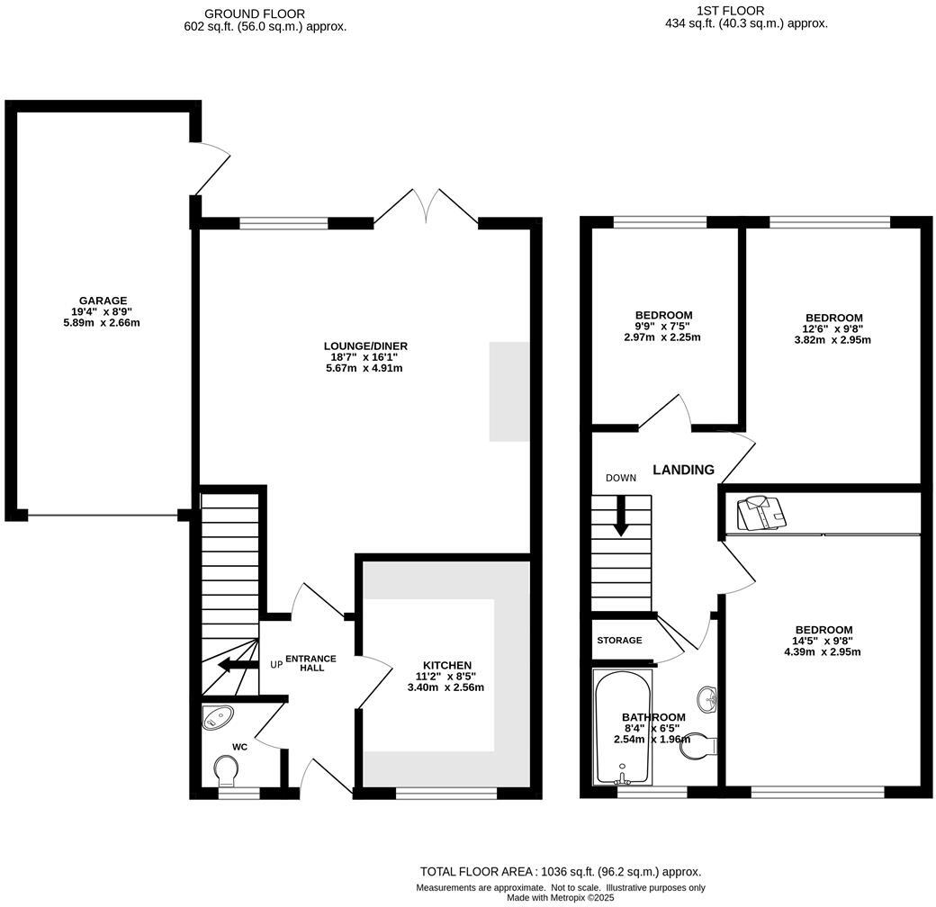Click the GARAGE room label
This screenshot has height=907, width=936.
click(103, 301)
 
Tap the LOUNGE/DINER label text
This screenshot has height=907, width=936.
click(365, 346)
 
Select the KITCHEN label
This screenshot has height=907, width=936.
click(447, 665)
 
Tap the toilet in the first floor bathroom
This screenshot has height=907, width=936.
click(698, 745)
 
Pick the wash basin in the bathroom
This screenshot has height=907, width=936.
click(706, 697)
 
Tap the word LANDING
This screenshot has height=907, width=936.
click(683, 470)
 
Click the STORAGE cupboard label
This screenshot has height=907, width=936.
click(619, 640)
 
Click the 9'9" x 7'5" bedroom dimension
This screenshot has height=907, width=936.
click(661, 327)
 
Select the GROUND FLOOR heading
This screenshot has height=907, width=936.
click(254, 13)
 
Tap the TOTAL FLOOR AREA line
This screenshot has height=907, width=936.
click(561, 871)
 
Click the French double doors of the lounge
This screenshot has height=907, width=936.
click(426, 205)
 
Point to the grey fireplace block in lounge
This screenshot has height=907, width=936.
click(509, 391)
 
